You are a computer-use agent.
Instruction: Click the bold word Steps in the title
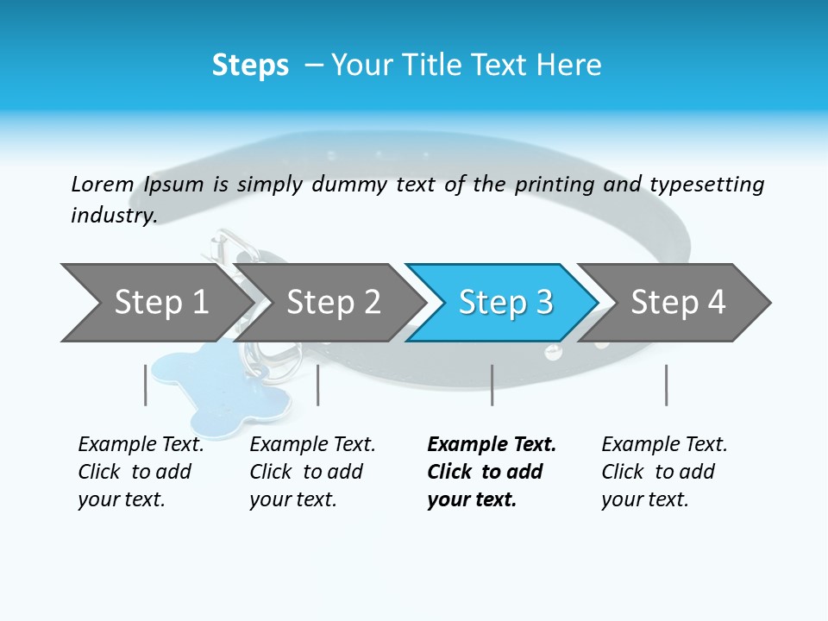click(250, 66)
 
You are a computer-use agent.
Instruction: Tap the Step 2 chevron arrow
click(332, 303)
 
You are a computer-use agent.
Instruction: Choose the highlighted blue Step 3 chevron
click(505, 303)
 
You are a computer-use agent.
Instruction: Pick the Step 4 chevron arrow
click(677, 303)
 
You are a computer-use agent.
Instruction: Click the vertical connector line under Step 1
click(145, 385)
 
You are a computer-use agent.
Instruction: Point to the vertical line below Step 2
click(318, 385)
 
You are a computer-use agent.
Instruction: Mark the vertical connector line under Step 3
click(492, 385)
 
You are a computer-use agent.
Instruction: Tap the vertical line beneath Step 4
click(666, 385)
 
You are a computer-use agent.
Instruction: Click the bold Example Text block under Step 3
click(491, 472)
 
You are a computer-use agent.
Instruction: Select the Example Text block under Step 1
click(141, 472)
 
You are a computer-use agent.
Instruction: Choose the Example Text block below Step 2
click(312, 472)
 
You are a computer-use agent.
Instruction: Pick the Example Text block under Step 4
click(664, 472)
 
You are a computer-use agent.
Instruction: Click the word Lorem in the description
click(102, 185)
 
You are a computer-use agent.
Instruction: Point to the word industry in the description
click(113, 216)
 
